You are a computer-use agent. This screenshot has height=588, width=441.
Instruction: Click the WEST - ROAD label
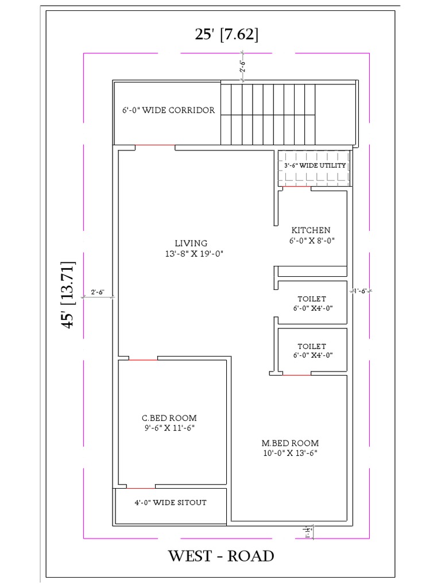(221, 556)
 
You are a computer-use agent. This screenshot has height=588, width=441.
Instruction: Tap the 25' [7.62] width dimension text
(226, 34)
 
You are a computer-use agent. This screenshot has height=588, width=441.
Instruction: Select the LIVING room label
(191, 243)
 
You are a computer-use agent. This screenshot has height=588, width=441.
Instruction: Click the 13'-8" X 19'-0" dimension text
(191, 253)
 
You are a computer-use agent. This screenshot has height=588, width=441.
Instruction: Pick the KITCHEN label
(311, 230)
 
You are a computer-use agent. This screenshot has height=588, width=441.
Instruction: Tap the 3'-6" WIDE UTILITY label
(315, 165)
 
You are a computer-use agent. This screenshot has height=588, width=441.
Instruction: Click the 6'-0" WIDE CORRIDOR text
(169, 110)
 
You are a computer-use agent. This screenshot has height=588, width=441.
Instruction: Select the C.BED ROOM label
(169, 418)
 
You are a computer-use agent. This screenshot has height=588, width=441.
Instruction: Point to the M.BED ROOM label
(290, 443)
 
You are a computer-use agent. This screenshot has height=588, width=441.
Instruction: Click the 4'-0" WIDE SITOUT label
(171, 502)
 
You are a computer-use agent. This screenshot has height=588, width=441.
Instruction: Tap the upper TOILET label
(312, 299)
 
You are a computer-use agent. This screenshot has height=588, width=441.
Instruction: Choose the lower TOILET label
(312, 346)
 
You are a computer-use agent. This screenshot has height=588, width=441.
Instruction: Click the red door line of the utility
(297, 187)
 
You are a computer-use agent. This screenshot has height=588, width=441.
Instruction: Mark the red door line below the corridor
(155, 146)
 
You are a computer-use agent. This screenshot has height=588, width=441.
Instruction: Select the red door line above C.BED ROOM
(143, 359)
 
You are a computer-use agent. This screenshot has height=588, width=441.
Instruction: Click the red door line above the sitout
(141, 488)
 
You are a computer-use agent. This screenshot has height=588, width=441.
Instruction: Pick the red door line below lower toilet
(297, 375)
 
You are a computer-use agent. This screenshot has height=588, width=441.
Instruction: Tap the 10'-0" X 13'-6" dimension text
(290, 453)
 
